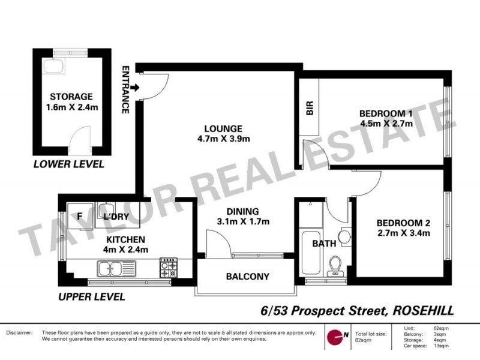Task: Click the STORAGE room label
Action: (x=71, y=97)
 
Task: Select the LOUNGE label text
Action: (x=223, y=128)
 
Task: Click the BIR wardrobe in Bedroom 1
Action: (x=310, y=109)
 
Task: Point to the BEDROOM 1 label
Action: (x=386, y=113)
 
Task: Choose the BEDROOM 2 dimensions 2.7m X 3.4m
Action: (x=404, y=233)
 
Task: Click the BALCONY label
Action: (x=247, y=277)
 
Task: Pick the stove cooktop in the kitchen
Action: (x=167, y=268)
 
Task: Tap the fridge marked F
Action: (x=79, y=217)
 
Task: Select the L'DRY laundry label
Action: (x=114, y=217)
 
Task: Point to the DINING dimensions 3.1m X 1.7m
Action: (x=242, y=222)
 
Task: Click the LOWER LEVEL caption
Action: (x=68, y=164)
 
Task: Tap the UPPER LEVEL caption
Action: (x=91, y=296)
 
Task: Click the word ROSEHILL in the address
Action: (x=422, y=310)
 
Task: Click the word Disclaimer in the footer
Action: (x=19, y=332)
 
